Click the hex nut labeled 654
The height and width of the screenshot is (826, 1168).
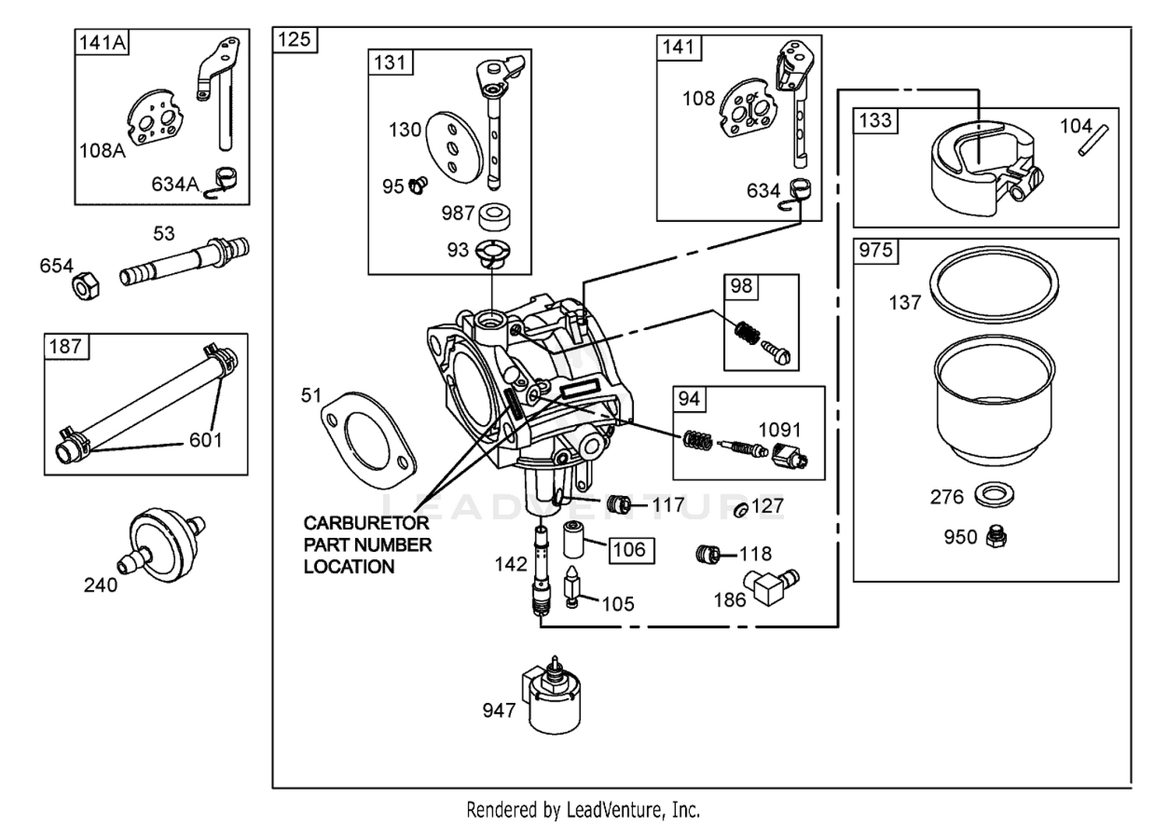coord(86,287)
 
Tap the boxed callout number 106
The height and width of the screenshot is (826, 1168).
coord(629,550)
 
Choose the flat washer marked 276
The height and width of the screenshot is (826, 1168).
coord(994,494)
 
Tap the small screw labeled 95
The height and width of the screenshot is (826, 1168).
coord(419,185)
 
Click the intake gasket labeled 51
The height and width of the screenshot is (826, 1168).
coord(366,440)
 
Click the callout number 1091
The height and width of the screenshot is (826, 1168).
coord(779,430)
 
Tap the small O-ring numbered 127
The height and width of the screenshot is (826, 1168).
coord(741,510)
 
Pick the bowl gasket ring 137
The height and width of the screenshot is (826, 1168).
coord(994,284)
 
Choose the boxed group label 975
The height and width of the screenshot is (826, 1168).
coord(875,250)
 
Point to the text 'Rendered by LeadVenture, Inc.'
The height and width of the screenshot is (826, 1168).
coord(583,810)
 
